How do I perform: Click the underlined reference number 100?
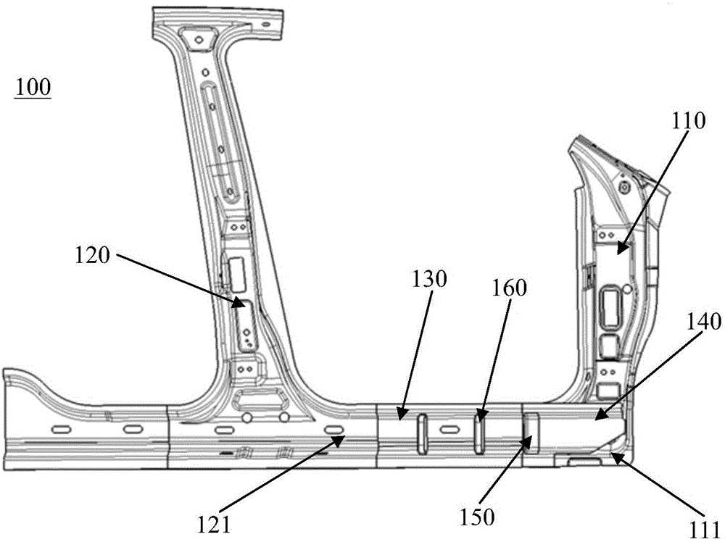click(33, 88)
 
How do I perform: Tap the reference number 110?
click(689, 121)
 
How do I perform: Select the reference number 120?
click(93, 256)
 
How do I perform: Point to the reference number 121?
click(214, 525)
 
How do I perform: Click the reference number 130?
click(429, 279)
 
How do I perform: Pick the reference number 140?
click(704, 322)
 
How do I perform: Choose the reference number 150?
click(477, 517)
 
